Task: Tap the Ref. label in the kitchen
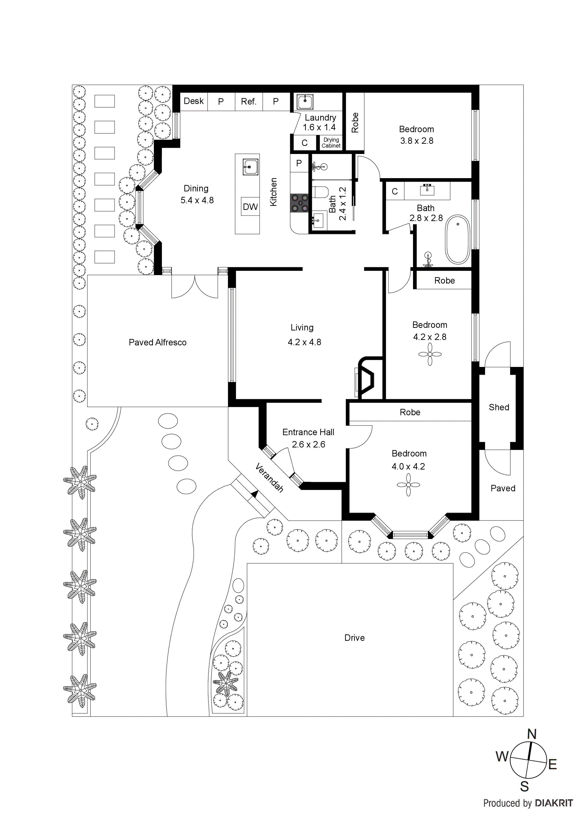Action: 249,102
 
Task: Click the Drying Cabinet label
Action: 331,143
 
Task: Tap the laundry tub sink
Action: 305,101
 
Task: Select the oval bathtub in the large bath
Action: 458,239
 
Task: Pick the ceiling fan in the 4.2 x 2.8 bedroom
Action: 430,354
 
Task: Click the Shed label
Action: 499,407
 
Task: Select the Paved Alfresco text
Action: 158,342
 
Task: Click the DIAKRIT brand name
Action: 554,803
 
